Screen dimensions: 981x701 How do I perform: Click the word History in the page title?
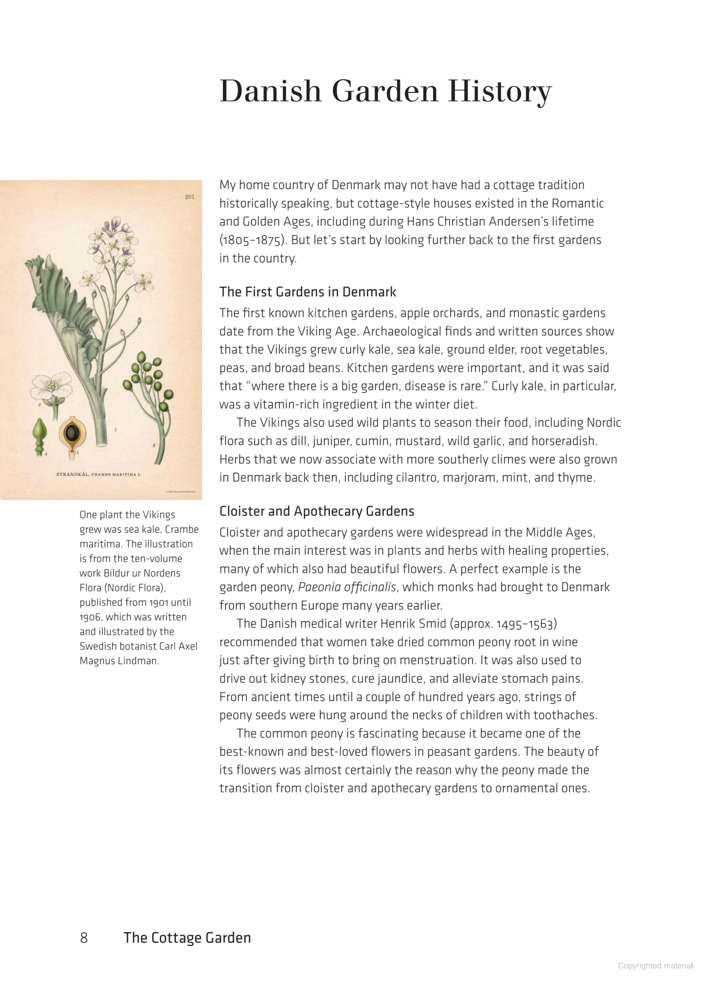point(499,91)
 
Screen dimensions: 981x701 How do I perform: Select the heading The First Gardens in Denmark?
point(307,292)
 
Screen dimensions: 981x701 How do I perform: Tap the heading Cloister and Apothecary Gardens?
point(317,511)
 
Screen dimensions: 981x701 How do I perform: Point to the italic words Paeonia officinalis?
point(347,587)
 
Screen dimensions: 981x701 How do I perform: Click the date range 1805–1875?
point(252,240)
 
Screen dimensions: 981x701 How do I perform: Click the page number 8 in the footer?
point(84,938)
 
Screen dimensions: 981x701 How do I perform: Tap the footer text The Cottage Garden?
point(187,938)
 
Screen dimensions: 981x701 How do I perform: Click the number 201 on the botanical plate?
point(189,197)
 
